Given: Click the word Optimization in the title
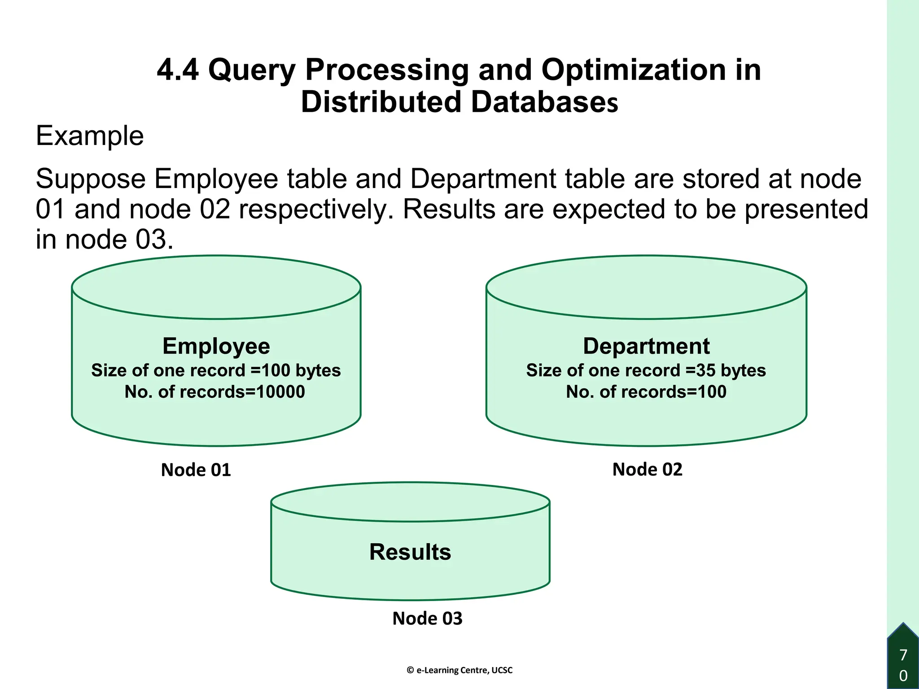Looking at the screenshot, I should pos(633,70).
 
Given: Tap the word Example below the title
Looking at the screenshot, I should pos(90,135).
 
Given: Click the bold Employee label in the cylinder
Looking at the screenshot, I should pos(216,346).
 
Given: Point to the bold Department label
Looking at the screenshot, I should pos(646,346).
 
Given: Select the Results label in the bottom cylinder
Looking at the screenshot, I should pos(410,552).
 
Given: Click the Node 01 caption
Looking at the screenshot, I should pos(196,470).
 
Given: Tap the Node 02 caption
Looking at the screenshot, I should pos(647,470).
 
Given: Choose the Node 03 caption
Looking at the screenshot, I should pos(427,619).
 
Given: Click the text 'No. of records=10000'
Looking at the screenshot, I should pos(215,392).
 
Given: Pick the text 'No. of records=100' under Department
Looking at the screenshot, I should pos(646,392).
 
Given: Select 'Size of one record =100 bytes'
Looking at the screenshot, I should pos(216,371).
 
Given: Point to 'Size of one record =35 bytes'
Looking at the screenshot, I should pos(646,371).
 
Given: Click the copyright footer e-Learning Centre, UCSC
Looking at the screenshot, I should pos(459,670).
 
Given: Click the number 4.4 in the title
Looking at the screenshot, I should pos(178,70).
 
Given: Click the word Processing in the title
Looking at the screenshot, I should pos(387,70).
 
